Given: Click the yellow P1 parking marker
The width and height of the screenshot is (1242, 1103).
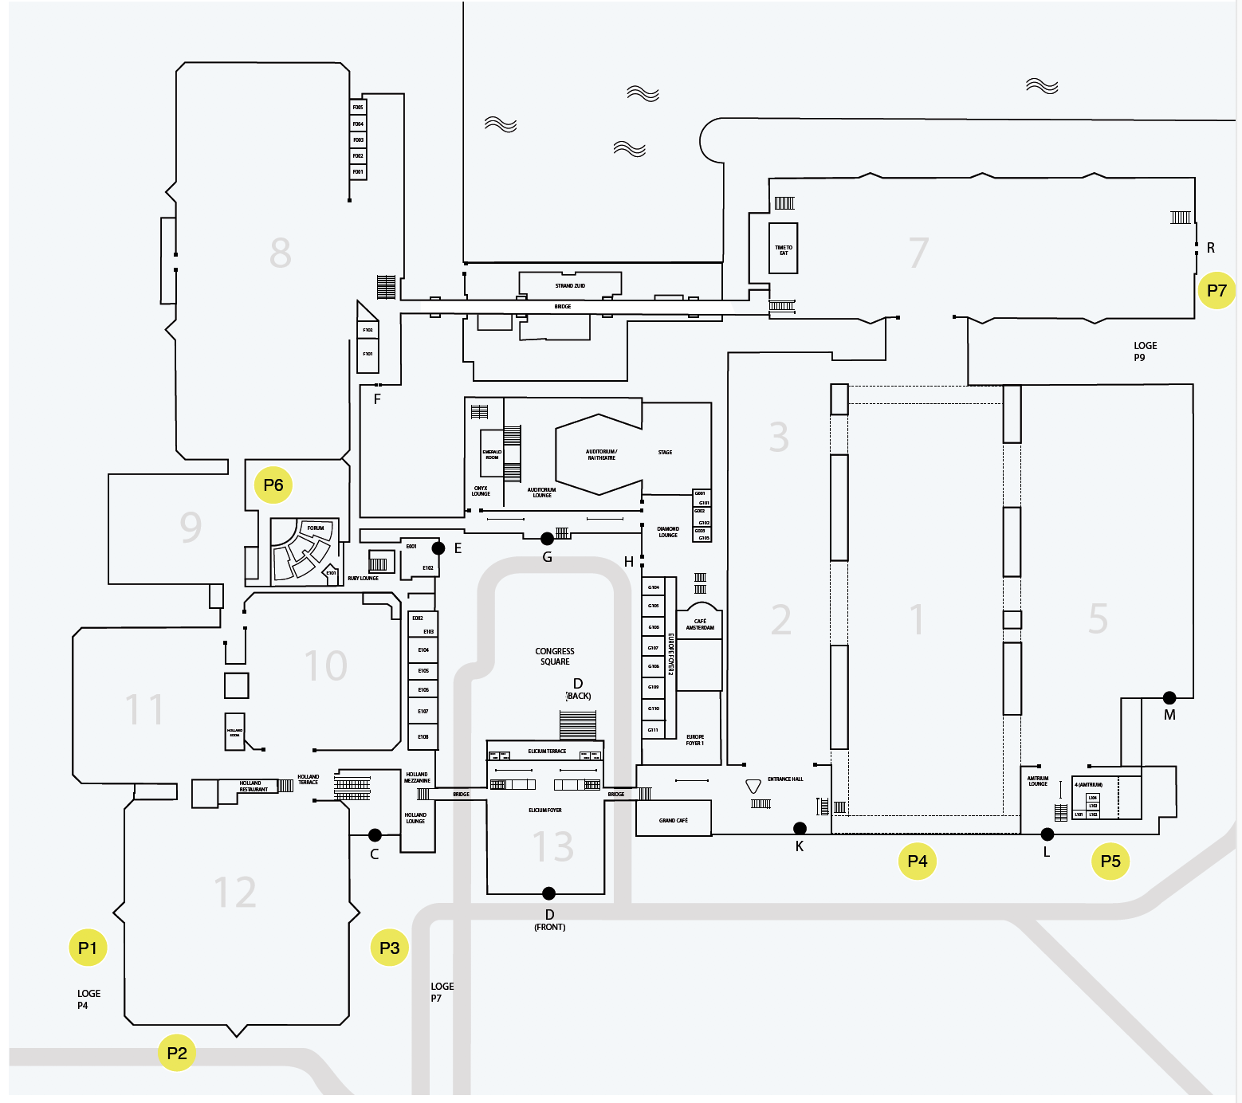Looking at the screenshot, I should tap(88, 948).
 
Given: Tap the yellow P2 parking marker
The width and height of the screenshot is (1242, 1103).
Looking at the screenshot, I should tap(177, 1053).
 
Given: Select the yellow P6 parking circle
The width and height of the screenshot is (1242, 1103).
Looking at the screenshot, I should tap(273, 485).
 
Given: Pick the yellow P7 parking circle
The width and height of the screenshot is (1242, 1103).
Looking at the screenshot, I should tap(1216, 290).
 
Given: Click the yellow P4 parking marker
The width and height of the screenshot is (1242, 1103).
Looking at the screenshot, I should tap(918, 861).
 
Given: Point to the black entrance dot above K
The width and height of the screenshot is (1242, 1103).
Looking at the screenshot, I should tap(800, 828).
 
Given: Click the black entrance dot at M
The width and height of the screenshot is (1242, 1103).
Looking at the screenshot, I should tap(1169, 697).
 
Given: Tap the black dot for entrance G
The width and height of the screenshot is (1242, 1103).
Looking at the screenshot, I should tap(547, 539).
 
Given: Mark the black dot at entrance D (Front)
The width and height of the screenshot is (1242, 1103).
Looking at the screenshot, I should tap(548, 893).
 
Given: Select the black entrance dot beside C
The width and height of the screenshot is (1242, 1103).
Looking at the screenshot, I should tap(375, 835).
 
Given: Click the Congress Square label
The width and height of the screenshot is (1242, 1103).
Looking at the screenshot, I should tap(555, 656).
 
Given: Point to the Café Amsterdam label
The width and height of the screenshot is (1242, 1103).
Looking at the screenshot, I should tap(700, 624).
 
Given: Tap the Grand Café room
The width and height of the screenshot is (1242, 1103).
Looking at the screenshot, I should tap(674, 820).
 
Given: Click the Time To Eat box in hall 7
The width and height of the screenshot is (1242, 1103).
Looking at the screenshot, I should tap(784, 249).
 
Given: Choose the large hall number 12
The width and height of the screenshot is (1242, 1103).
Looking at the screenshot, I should tap(235, 892).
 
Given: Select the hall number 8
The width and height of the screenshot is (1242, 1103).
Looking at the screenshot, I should tap(280, 253).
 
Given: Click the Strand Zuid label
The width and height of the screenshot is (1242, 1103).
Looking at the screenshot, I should tap(570, 285).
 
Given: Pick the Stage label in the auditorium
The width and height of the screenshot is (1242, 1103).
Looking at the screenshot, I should tap(665, 452).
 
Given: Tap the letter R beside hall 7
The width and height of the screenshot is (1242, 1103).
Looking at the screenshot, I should tap(1211, 248).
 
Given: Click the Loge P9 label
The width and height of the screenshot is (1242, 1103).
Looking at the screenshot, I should tap(1145, 351).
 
